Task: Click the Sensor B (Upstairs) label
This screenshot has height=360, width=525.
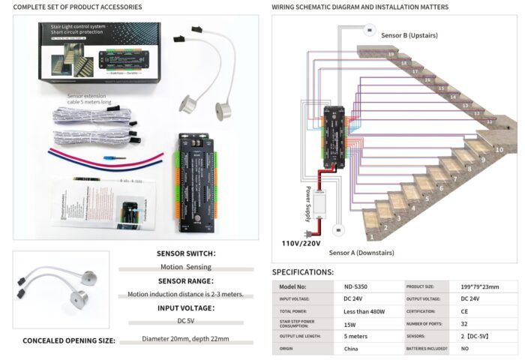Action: coord(409,35)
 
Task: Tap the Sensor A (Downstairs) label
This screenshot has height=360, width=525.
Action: coord(361,253)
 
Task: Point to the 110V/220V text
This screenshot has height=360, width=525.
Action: coord(301,243)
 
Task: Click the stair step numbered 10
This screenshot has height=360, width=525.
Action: coord(499,150)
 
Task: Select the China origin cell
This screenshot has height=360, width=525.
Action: coord(350,349)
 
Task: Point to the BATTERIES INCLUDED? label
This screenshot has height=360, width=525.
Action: coord(427,349)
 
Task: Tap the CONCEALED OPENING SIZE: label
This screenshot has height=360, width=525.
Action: coord(69,340)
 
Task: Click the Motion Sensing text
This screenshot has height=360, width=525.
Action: coord(186,266)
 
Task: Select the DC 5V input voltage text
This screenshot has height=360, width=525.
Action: coord(186,320)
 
